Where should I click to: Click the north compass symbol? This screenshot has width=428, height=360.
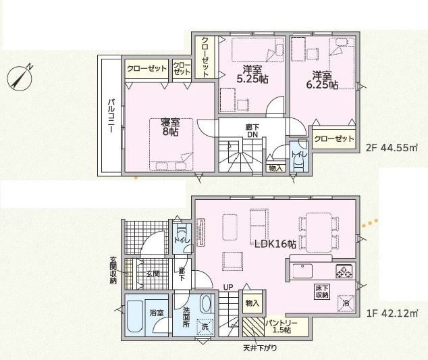(x=21, y=78)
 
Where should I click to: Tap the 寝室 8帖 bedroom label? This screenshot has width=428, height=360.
(x=169, y=127)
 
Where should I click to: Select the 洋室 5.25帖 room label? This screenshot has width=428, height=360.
(x=251, y=74)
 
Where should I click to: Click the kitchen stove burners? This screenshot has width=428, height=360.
(x=344, y=272)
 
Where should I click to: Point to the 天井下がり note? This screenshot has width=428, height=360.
(x=259, y=348)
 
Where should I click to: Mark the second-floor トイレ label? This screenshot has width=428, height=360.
(x=298, y=154)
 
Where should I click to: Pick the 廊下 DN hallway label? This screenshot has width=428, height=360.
(x=252, y=130)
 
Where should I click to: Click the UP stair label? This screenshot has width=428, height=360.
(x=229, y=288)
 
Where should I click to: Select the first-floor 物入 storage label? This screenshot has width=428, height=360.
(x=251, y=304)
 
